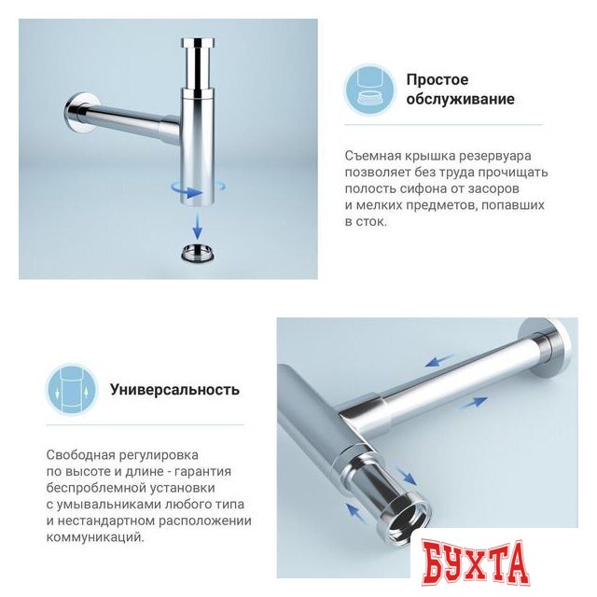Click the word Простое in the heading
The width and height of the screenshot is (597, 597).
point(437,79)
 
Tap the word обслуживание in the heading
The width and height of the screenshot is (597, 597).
point(460,99)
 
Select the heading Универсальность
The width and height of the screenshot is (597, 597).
point(174,390)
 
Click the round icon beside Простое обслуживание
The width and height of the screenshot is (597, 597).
point(370,90)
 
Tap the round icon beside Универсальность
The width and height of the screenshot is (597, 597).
point(71,390)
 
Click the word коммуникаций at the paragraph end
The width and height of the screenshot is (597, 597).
point(94,538)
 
